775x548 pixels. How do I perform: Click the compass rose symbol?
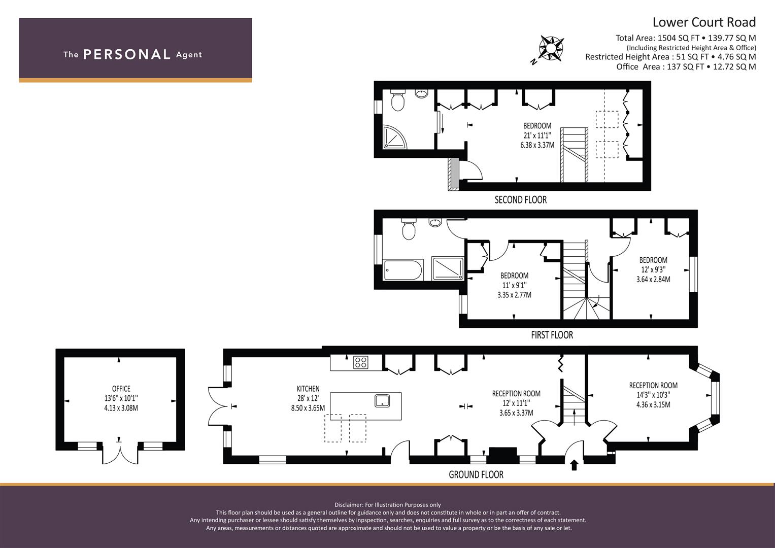551,49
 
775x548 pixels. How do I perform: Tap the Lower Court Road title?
704,22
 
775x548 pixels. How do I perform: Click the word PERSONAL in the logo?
127,54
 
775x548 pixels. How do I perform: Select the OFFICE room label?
121,389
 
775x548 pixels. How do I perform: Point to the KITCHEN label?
308,389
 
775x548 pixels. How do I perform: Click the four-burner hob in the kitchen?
360,363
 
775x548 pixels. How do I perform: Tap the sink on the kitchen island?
382,401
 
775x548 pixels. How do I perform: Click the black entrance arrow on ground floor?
575,465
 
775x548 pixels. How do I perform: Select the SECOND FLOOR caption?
521,199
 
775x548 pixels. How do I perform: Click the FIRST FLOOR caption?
552,335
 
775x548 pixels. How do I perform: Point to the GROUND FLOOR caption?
476,474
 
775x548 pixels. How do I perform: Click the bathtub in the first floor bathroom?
403,270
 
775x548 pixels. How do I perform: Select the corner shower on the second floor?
394,137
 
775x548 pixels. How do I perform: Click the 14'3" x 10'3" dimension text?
653,395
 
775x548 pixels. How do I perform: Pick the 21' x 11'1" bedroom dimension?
537,135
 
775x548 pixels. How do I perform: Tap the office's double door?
120,454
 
